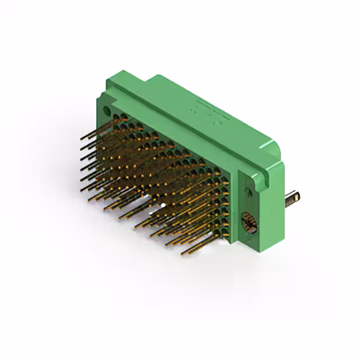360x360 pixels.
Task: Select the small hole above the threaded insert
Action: [248, 193]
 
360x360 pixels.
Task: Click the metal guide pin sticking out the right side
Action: [291, 198]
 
